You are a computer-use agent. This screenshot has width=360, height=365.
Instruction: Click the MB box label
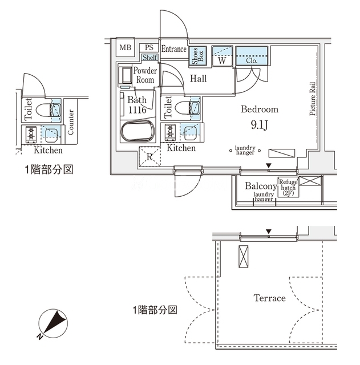coord(125,47)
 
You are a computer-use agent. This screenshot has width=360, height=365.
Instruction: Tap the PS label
coord(149,47)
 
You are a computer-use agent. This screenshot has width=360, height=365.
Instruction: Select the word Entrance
coord(173,49)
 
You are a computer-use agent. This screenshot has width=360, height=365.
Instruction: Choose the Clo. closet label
coord(251,59)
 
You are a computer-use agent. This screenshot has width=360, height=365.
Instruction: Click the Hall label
coord(199,79)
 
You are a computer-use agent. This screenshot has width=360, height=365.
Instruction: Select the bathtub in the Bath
coord(138,133)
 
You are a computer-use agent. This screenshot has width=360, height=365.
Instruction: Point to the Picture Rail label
coord(313,98)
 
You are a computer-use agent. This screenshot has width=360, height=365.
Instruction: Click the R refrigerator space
coord(149,157)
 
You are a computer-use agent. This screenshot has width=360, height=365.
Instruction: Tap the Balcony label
coord(260,186)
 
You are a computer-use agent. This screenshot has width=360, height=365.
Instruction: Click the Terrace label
coord(269,298)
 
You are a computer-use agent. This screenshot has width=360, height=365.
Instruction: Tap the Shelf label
coord(149,58)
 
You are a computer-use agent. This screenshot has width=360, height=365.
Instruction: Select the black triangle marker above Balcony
coord(268,166)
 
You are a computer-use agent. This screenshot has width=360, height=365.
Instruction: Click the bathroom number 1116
coord(137,110)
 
